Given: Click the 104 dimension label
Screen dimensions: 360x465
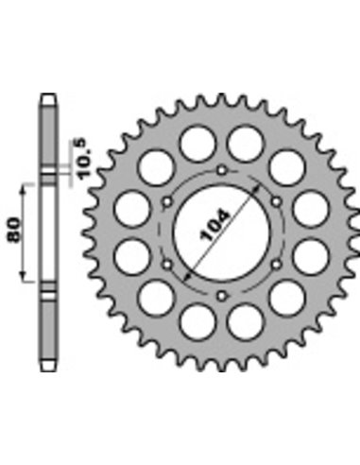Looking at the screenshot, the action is (215, 225).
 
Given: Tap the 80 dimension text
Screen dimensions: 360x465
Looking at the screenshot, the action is (13, 230).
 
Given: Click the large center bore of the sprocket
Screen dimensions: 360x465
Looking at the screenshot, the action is (222, 233).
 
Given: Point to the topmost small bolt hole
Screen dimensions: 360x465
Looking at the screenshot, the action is (222, 171).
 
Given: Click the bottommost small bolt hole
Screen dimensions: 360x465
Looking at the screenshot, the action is (222, 296).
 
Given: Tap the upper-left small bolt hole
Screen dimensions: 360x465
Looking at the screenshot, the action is (167, 201).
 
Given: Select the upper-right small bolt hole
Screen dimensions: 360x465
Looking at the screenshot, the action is (277, 201).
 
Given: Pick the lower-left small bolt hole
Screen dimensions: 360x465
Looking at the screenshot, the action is (167, 265).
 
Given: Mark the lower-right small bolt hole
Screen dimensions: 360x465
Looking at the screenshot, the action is (277, 265).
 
